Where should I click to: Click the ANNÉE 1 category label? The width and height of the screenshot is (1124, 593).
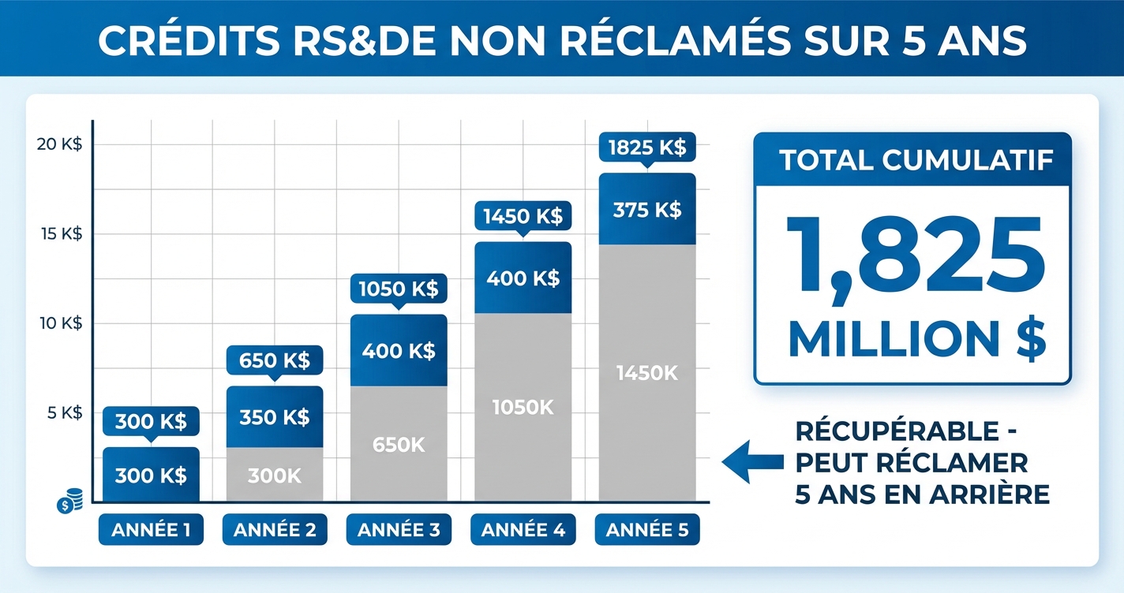(151, 530)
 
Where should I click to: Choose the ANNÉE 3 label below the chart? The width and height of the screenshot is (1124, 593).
(399, 530)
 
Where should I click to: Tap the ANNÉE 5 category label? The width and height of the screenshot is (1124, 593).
(647, 530)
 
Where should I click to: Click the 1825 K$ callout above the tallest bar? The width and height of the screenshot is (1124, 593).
(647, 147)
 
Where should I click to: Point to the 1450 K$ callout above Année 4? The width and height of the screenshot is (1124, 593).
(523, 216)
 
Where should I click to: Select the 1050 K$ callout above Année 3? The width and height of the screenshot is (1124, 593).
(399, 289)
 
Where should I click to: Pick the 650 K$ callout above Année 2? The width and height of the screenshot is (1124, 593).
(275, 361)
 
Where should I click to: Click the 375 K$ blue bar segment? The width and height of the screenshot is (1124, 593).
(647, 210)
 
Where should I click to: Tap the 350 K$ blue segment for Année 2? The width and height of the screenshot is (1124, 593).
(275, 417)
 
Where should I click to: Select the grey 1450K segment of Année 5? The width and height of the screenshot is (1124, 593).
(647, 373)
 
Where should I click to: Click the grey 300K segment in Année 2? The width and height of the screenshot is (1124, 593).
(275, 475)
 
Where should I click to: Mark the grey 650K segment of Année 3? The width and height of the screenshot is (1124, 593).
(399, 444)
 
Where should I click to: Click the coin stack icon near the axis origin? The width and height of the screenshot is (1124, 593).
(71, 501)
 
